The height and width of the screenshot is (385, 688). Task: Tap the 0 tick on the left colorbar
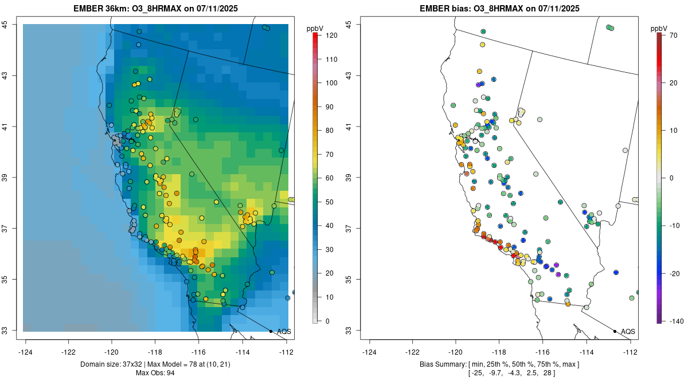point(326,321)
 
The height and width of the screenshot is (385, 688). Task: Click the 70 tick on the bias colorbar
point(674,35)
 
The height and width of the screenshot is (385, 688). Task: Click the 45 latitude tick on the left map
point(5,24)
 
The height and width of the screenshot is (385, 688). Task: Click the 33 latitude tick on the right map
point(349,331)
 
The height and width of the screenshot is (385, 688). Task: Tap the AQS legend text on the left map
point(284,332)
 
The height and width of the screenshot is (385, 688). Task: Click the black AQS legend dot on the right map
point(614,331)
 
